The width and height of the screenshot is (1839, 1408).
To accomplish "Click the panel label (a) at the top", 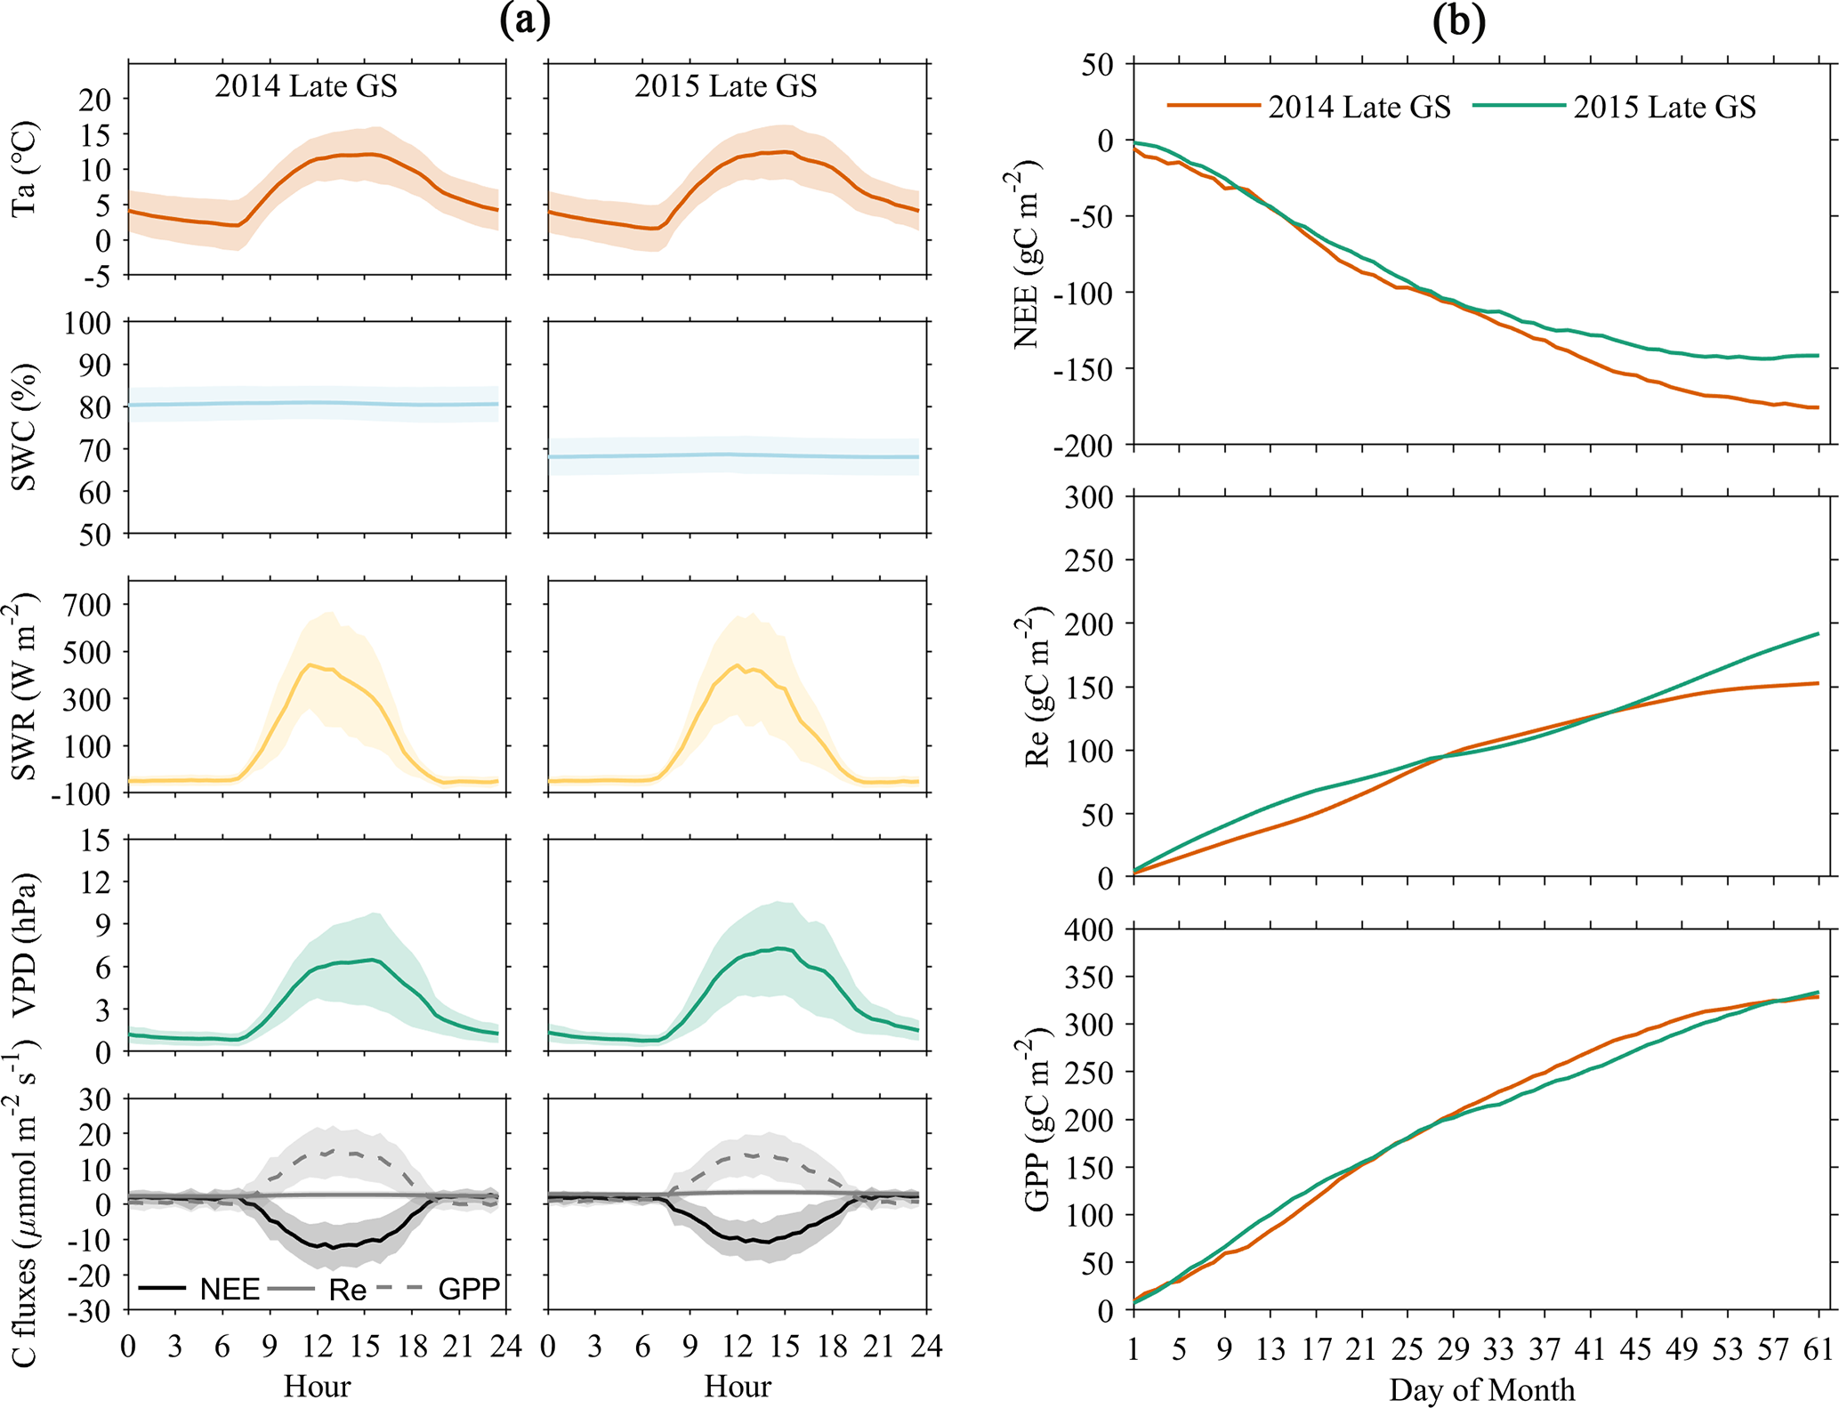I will (525, 21).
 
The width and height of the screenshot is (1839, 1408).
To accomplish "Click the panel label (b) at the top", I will (1458, 21).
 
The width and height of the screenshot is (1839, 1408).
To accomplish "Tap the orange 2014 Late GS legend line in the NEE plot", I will (1214, 106).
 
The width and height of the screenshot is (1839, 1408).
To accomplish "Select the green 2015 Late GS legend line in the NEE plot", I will (1519, 106).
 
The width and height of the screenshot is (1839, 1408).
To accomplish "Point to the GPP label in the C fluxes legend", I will (469, 1289).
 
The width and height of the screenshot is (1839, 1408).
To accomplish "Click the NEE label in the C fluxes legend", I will (230, 1289).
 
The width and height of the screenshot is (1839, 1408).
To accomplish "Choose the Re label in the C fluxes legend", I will (347, 1289).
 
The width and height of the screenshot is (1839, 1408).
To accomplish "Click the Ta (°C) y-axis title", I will (24, 169).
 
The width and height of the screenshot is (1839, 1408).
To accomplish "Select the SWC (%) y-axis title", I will (24, 427).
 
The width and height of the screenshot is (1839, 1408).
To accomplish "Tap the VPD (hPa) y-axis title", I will (24, 945).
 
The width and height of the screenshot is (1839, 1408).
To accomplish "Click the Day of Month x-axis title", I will (1481, 1389).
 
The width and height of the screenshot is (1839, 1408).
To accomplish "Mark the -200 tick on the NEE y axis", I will (1082, 446).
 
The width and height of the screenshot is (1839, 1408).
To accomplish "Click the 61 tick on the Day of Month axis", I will (1819, 1350).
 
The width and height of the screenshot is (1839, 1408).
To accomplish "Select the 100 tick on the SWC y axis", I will (87, 323).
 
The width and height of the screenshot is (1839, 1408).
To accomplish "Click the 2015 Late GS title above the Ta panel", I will (725, 86).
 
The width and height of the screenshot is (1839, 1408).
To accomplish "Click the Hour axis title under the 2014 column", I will (317, 1386).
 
